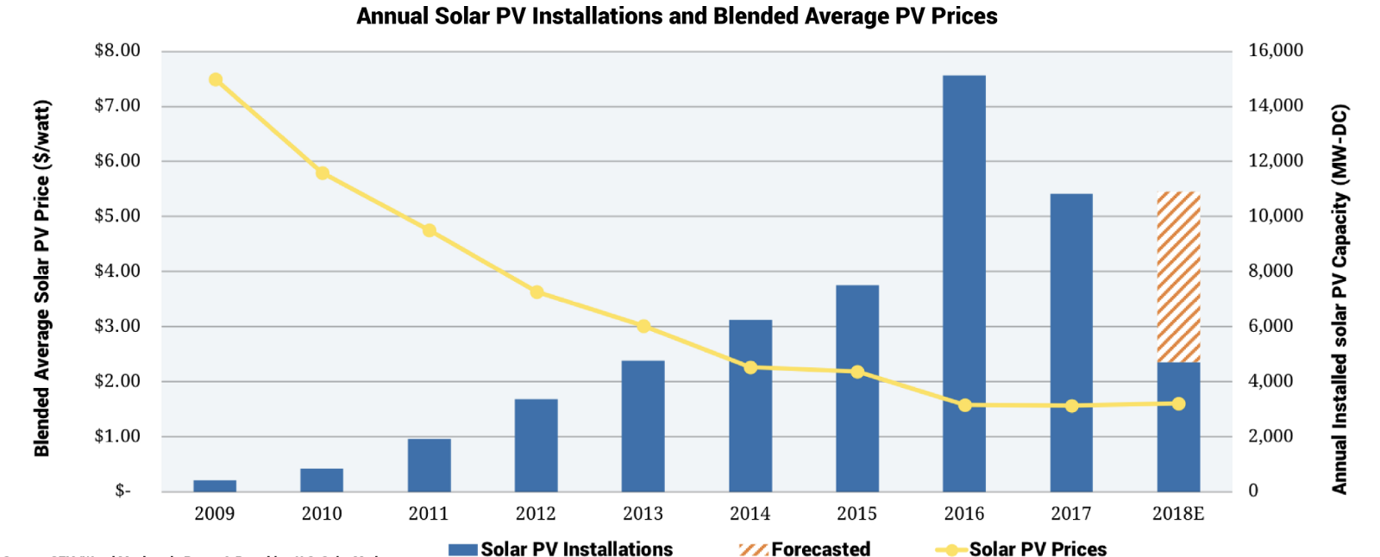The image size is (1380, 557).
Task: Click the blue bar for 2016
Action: point(963,259)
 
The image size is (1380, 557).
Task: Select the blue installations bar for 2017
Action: point(1070,302)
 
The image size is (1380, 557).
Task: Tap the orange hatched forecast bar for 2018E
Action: point(1178,277)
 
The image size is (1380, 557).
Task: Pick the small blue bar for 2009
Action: point(215,485)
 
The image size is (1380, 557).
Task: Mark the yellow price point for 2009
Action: point(216,80)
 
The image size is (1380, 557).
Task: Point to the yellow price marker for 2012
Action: point(536,292)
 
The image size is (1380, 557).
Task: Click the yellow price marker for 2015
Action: point(857,372)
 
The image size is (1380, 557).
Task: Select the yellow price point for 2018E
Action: point(1178,404)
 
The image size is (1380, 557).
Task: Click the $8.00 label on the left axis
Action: point(117,50)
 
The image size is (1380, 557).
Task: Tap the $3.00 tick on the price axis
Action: point(117,326)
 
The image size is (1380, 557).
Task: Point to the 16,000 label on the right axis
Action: point(1276,50)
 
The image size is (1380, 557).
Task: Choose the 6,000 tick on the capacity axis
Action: point(1270,326)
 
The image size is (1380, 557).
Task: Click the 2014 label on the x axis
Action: point(750,514)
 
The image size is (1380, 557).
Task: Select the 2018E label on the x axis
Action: point(1177,514)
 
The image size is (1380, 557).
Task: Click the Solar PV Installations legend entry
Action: point(561,549)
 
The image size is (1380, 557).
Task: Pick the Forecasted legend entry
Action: point(805,549)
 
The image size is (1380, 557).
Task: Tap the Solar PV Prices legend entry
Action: point(1021,549)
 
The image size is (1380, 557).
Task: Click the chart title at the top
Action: point(677,16)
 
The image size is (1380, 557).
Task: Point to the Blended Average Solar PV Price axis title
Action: point(42,278)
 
